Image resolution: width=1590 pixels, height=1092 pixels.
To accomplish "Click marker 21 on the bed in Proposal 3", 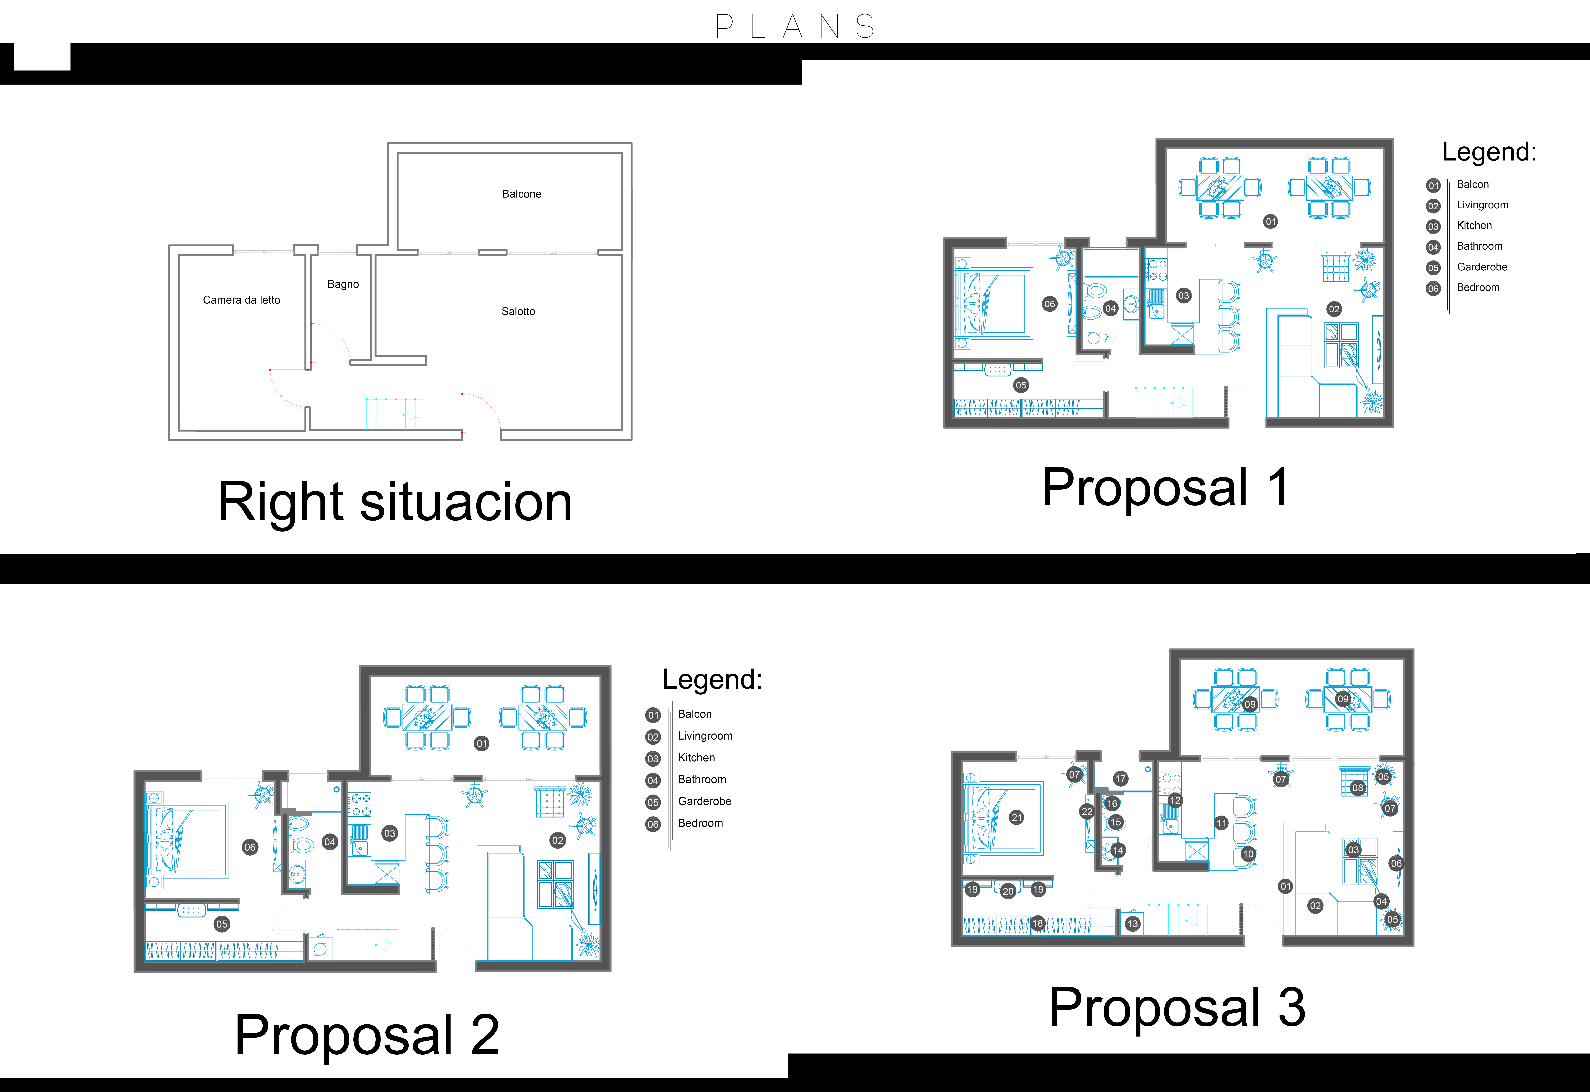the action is (1017, 818).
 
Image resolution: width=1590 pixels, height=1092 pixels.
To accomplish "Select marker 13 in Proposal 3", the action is (1132, 924).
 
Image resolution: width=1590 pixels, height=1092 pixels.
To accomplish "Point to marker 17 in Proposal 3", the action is (1120, 779).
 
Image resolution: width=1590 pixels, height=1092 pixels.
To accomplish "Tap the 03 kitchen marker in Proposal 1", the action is (1184, 296).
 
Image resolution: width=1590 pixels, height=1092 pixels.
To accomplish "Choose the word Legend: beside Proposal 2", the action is (712, 679).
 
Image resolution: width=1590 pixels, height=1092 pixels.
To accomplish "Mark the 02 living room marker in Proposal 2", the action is (558, 840).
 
